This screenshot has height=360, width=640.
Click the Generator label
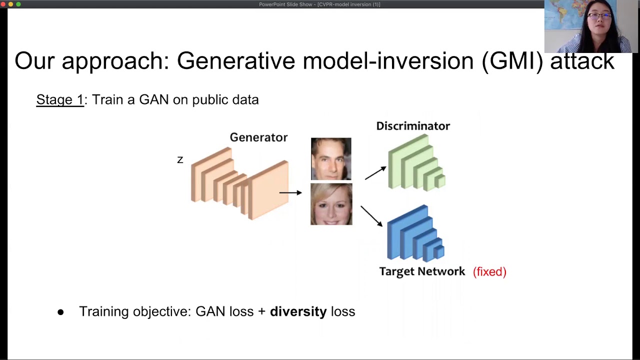pyautogui.click(x=258, y=137)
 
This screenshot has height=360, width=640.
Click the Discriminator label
pyautogui.click(x=413, y=126)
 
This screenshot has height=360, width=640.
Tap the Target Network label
pyautogui.click(x=422, y=271)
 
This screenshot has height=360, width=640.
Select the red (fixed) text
pyautogui.click(x=489, y=271)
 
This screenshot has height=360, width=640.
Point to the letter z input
pyautogui.click(x=180, y=160)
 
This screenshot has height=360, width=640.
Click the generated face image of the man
pyautogui.click(x=331, y=158)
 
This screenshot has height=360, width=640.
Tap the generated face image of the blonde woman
pyautogui.click(x=331, y=204)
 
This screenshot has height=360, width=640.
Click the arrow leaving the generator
pyautogui.click(x=290, y=192)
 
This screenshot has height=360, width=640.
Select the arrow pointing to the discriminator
pyautogui.click(x=375, y=173)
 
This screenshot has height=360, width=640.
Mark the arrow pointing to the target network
pyautogui.click(x=371, y=216)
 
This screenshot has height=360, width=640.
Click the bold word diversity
pyautogui.click(x=298, y=311)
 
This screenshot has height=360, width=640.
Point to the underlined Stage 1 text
pyautogui.click(x=60, y=99)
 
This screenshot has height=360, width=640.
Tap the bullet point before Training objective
pyautogui.click(x=60, y=312)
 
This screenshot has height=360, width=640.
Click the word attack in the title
pyautogui.click(x=582, y=61)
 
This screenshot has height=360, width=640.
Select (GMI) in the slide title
pyautogui.click(x=512, y=61)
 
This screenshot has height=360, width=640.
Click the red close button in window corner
pyautogui.click(x=3, y=4)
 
